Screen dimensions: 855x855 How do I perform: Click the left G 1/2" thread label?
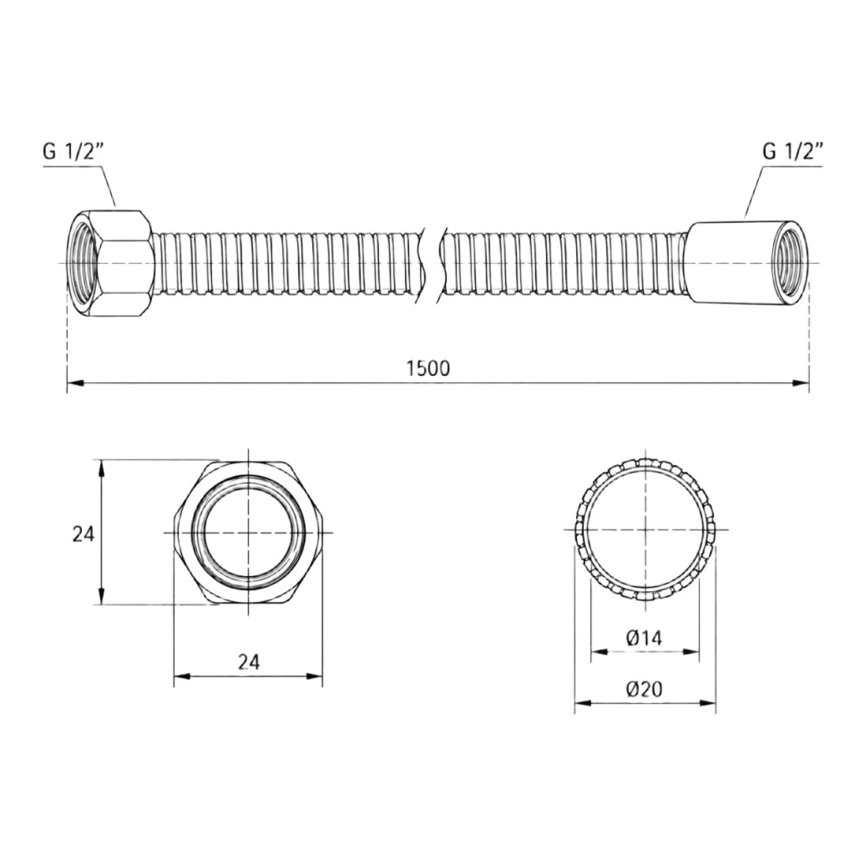point(73,152)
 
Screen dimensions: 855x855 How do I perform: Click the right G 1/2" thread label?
point(792,151)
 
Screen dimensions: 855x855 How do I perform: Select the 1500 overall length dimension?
point(428,368)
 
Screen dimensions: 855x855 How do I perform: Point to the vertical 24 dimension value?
point(83,534)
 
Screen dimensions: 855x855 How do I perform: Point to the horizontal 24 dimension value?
point(249,661)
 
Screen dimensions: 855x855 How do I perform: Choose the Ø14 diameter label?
point(644,637)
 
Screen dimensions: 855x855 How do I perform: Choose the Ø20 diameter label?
point(645,690)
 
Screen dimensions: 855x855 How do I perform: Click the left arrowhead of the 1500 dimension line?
point(74,383)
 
